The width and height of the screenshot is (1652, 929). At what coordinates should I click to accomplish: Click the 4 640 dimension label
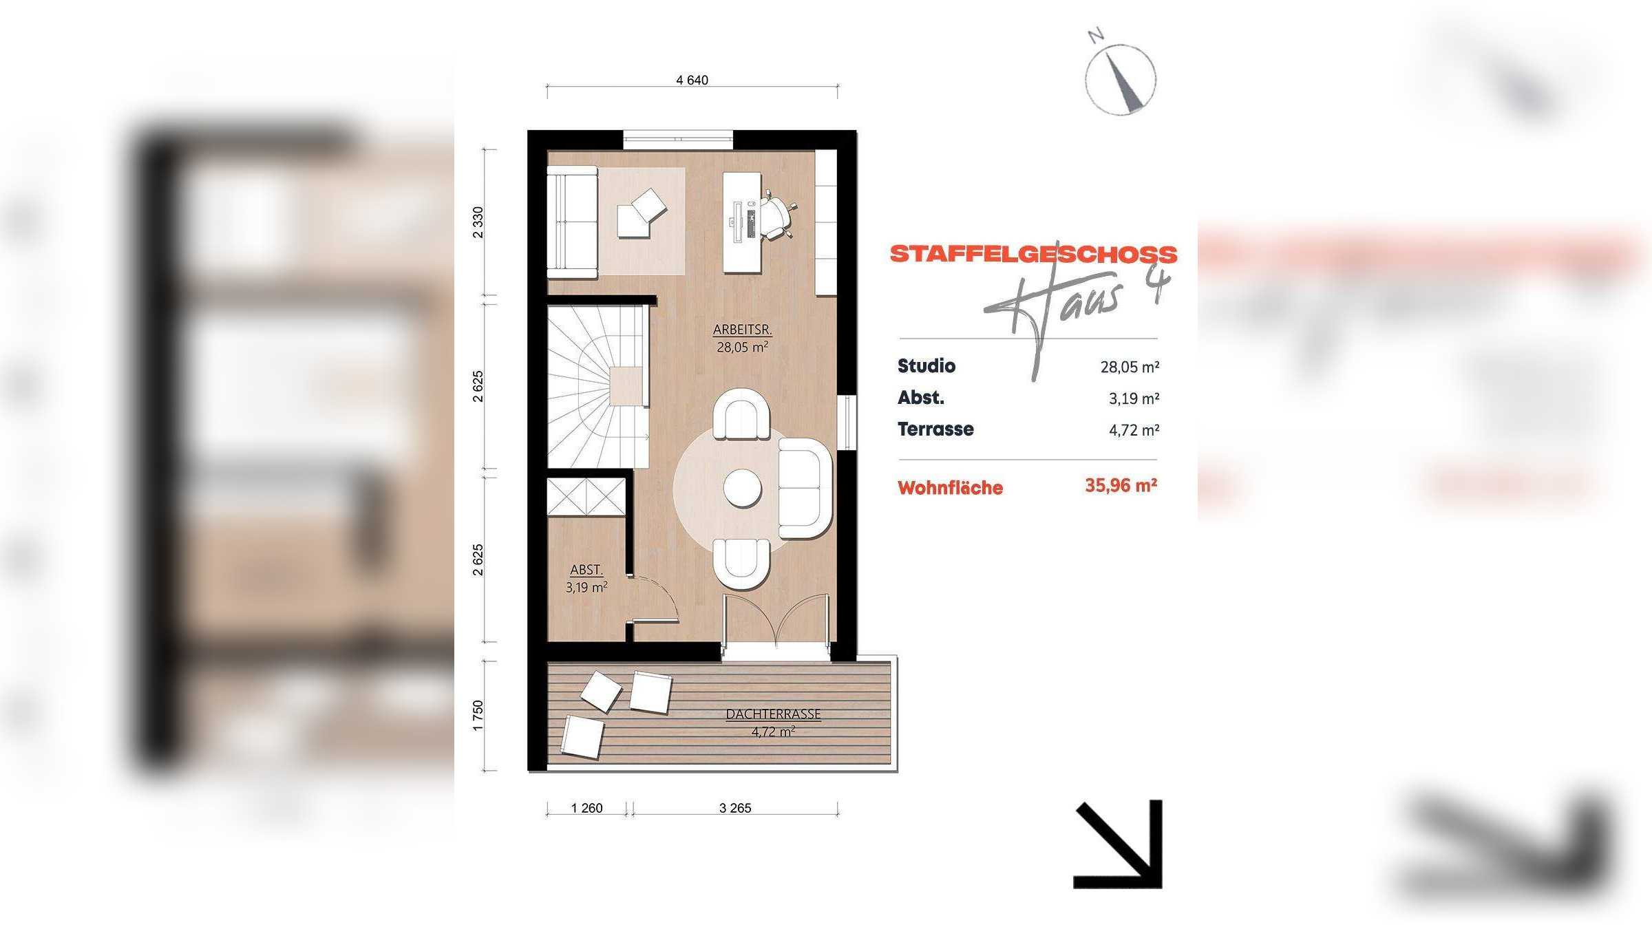(x=692, y=80)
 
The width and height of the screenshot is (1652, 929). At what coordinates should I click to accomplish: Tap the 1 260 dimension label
(x=586, y=808)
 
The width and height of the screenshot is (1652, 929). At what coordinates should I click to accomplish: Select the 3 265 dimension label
(x=735, y=808)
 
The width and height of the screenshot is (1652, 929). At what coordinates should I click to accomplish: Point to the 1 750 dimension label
(x=478, y=716)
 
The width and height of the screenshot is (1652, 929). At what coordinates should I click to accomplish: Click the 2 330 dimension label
(x=478, y=222)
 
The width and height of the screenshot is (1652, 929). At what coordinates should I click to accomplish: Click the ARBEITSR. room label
(x=742, y=330)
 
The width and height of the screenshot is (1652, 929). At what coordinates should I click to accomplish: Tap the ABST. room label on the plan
(x=586, y=570)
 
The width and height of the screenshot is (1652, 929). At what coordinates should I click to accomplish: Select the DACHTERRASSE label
(x=773, y=714)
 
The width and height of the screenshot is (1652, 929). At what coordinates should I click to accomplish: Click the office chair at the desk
(x=776, y=218)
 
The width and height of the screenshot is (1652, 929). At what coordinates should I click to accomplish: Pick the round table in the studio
(x=742, y=489)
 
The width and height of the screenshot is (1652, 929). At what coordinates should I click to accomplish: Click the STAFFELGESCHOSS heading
(x=1034, y=254)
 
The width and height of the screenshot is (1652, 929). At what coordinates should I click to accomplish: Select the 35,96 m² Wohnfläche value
(x=1121, y=486)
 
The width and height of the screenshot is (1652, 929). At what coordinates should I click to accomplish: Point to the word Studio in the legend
(x=926, y=366)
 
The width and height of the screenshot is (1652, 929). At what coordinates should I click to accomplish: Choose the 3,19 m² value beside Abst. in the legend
(x=1134, y=398)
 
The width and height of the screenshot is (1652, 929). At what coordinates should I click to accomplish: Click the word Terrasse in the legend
(x=935, y=429)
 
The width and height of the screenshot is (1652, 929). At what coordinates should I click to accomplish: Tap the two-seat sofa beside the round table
(x=805, y=489)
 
